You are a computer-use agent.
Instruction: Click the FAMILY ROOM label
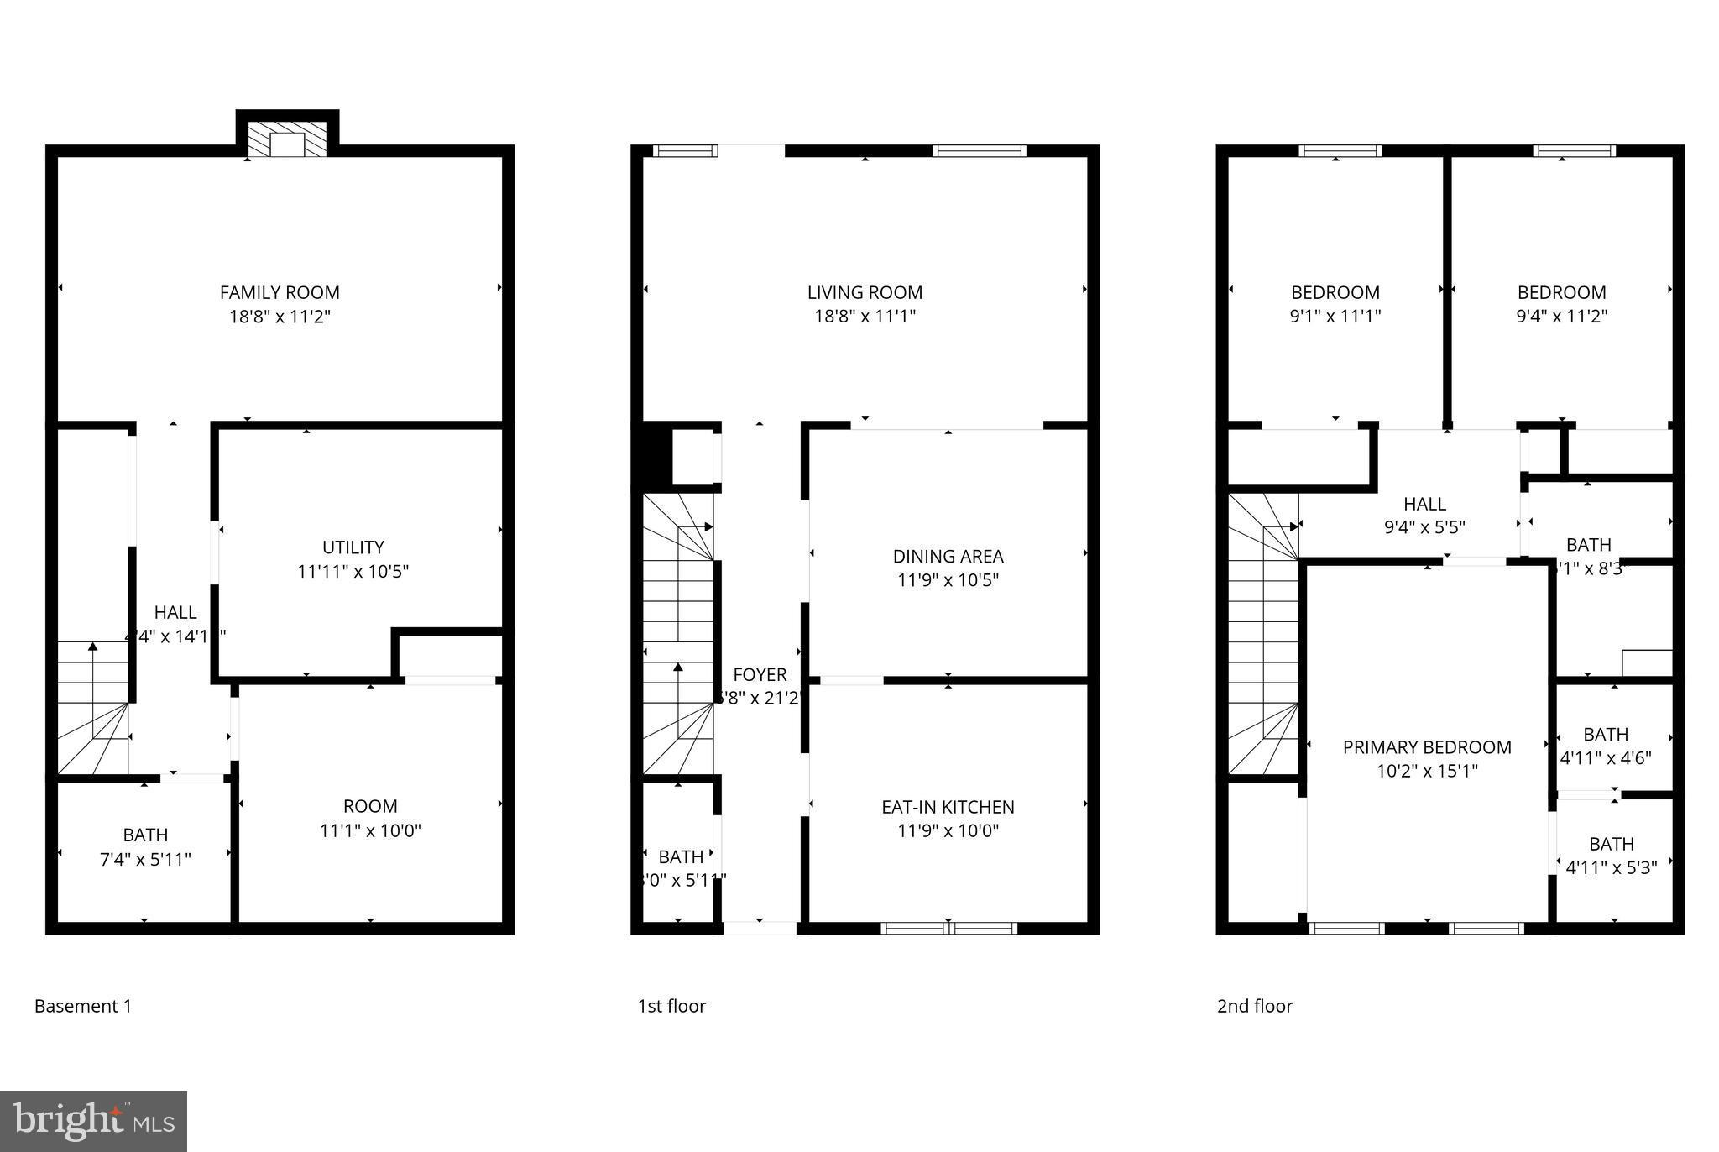(280, 292)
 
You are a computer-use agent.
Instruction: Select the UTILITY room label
(353, 547)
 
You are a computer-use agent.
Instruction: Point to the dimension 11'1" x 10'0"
(370, 830)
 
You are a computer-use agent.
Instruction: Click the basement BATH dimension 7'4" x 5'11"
(145, 859)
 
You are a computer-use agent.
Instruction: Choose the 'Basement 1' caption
(83, 1006)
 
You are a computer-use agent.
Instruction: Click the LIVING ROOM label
(865, 292)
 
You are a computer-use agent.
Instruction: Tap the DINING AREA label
(948, 556)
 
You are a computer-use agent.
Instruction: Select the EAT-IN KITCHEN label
(948, 807)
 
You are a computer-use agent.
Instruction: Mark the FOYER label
(760, 674)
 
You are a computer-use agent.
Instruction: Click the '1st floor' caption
(671, 1006)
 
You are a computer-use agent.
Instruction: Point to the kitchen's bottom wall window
(948, 928)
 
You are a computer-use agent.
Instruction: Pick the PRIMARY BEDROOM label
(1427, 747)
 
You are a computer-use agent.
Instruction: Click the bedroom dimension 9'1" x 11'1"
(1335, 316)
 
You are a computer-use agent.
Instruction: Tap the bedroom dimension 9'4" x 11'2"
(1562, 316)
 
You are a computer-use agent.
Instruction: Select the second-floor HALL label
(1424, 504)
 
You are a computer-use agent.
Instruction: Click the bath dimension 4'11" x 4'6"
(1606, 757)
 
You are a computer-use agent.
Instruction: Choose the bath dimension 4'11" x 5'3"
(1612, 867)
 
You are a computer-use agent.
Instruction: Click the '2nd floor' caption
(1255, 1006)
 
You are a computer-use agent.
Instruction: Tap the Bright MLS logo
(94, 1121)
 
